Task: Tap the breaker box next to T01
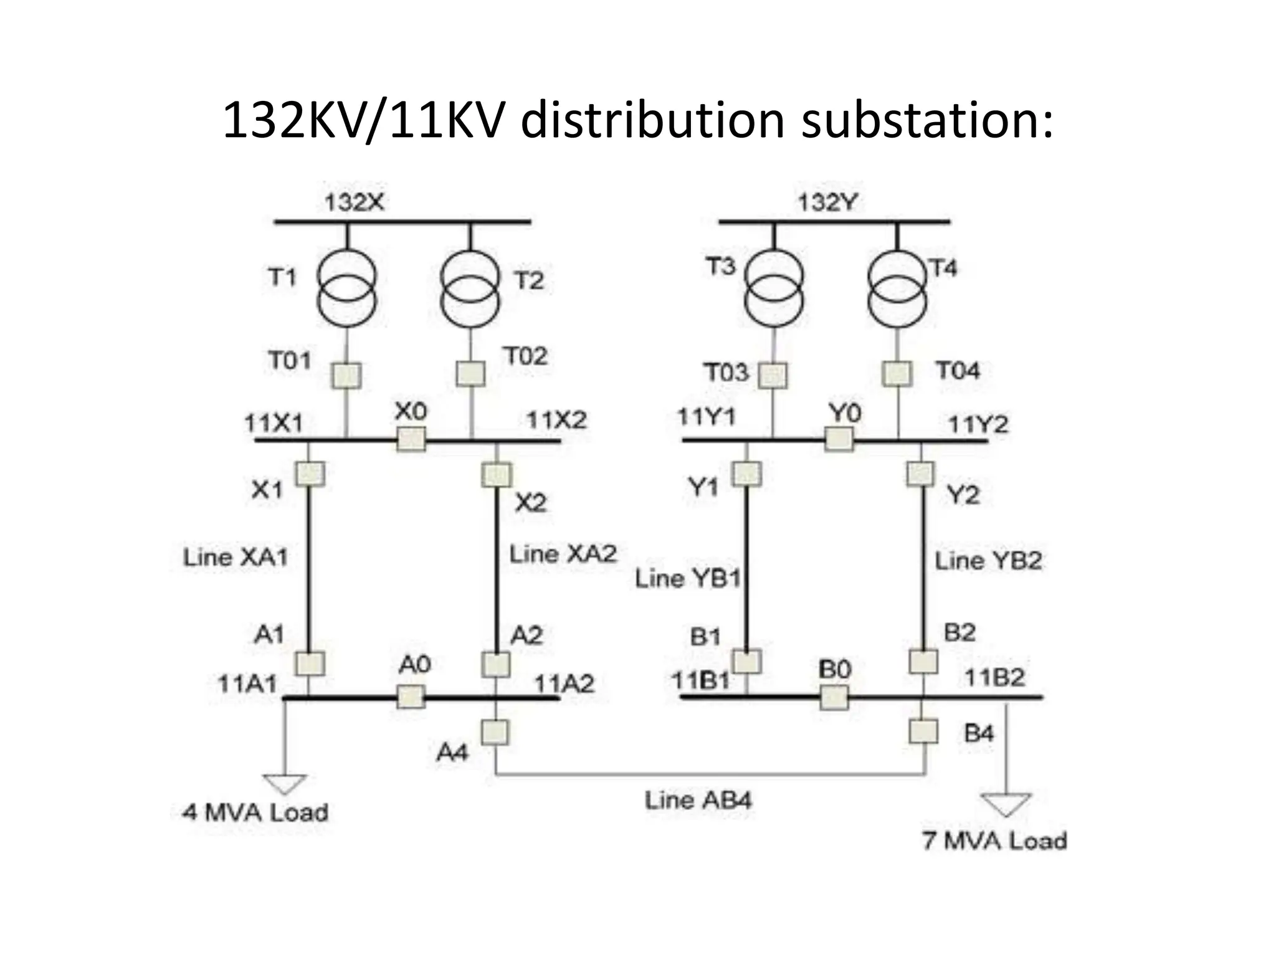click(346, 375)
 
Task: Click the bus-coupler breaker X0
click(411, 439)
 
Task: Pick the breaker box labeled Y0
click(839, 439)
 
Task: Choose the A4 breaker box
click(495, 732)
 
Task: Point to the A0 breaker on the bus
click(411, 697)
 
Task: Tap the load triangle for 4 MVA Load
click(285, 783)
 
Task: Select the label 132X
click(355, 202)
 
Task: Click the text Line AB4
click(698, 800)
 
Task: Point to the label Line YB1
click(688, 578)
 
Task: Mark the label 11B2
click(994, 677)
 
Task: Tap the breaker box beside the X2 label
click(497, 475)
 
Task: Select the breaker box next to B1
click(746, 662)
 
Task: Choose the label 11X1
click(273, 424)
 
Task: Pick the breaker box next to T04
click(897, 374)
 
